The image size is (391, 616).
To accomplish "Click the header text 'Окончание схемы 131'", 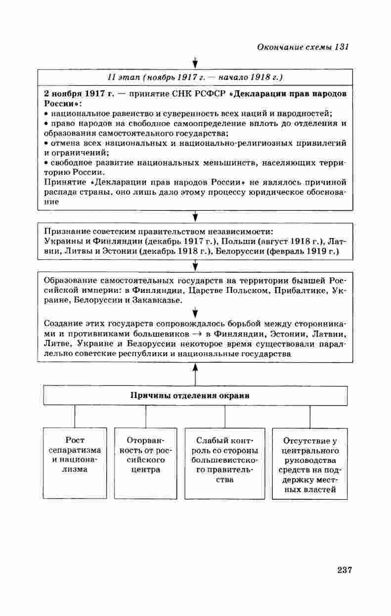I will tap(304, 47).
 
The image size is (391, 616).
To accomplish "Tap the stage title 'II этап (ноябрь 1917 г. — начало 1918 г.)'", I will tap(195, 77).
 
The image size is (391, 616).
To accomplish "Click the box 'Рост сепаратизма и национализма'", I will tap(75, 463).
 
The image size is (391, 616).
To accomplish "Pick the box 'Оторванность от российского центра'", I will tap(145, 463).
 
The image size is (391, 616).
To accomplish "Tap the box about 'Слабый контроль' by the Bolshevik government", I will tap(224, 463).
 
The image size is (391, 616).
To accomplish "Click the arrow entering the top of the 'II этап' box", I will tap(195, 62).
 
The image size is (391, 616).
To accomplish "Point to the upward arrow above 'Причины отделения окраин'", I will tap(195, 375).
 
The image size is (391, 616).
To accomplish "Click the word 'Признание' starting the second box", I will tap(66, 232).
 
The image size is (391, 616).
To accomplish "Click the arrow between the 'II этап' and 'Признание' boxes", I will tap(195, 217).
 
